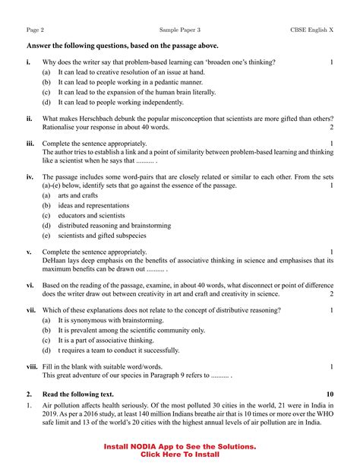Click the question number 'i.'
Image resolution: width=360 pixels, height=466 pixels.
(x=28, y=61)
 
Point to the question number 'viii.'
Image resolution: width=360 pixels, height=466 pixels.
(x=32, y=366)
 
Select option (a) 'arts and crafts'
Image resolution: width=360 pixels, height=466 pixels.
(x=80, y=195)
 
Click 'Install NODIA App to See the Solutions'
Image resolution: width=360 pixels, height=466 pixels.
(x=180, y=446)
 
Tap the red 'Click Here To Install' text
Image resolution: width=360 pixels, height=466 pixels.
(x=180, y=455)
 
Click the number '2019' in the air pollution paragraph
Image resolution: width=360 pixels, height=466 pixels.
(x=50, y=416)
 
